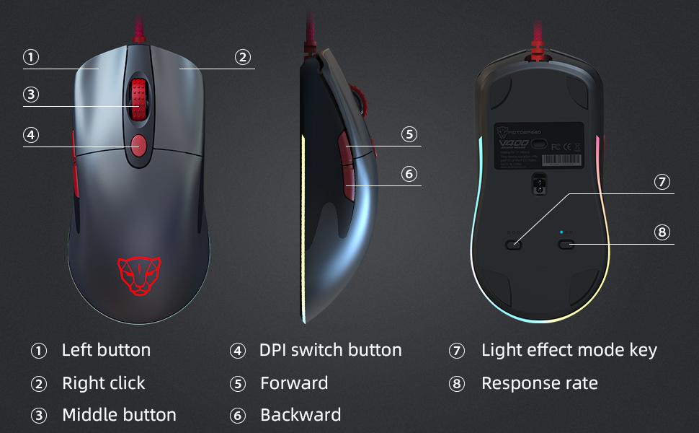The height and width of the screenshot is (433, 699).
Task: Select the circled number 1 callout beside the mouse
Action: click(x=31, y=58)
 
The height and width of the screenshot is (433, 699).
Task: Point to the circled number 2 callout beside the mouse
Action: click(x=243, y=58)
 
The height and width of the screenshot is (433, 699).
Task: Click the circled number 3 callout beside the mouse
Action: click(x=31, y=95)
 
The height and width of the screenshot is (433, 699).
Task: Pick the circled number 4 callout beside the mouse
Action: click(x=31, y=135)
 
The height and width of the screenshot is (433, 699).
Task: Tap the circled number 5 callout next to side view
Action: click(x=409, y=134)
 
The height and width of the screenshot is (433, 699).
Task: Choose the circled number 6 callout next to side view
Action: click(x=409, y=174)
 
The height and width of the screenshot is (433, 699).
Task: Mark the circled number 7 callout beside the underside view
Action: click(x=662, y=182)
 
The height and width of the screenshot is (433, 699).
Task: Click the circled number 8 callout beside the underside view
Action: click(x=662, y=232)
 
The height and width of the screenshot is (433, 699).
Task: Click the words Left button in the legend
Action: click(x=106, y=351)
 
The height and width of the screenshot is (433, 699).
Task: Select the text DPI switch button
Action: click(x=330, y=351)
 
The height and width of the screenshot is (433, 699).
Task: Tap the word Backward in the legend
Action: click(x=300, y=416)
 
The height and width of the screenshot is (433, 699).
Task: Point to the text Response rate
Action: click(x=539, y=383)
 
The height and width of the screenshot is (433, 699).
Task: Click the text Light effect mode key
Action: click(x=569, y=351)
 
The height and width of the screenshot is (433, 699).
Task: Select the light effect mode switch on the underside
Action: click(x=514, y=245)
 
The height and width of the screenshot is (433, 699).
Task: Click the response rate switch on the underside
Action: click(x=566, y=245)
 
